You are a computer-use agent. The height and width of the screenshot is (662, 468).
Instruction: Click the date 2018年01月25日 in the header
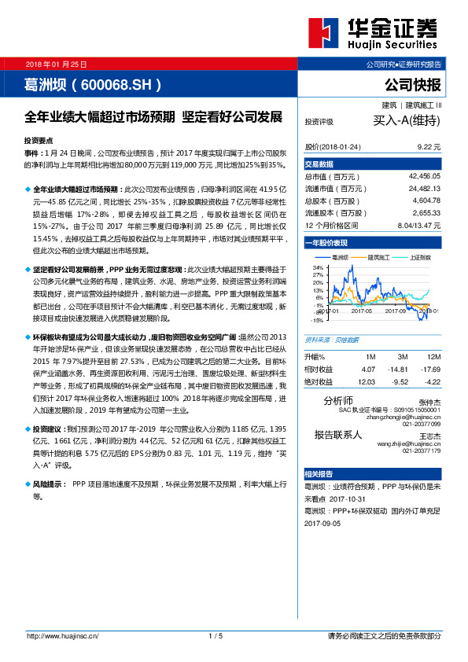click(x=56, y=64)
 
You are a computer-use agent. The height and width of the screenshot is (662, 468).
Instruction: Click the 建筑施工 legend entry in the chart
click(x=381, y=257)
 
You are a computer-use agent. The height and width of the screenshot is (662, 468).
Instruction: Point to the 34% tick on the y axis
click(x=318, y=267)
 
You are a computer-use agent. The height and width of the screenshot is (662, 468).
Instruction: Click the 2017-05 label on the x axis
click(x=361, y=311)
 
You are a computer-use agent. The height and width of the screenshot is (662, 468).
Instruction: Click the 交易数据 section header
click(x=319, y=165)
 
